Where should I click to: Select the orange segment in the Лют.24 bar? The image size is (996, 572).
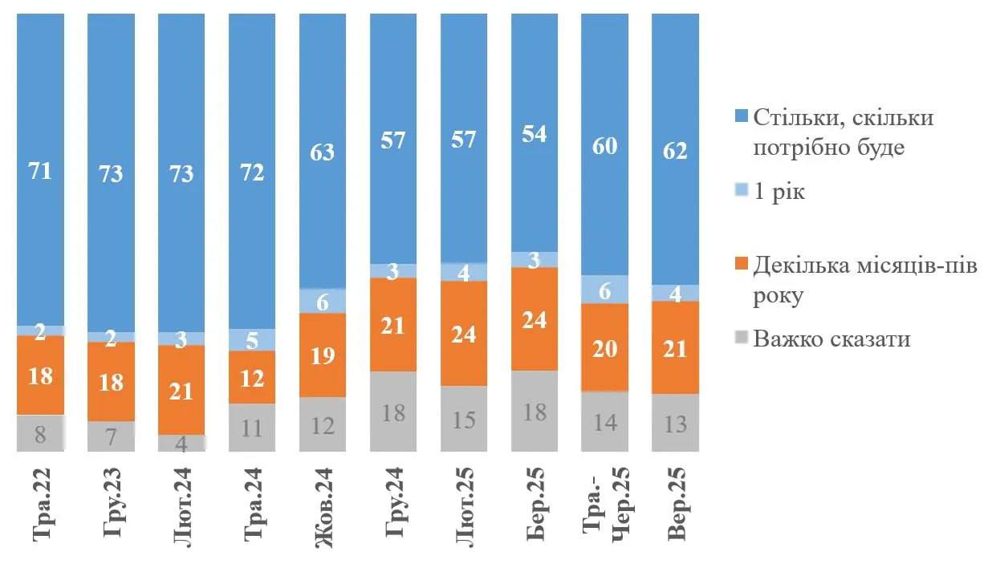(181, 390)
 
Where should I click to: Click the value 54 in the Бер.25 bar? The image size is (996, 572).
(535, 134)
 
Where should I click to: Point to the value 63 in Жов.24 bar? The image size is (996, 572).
(323, 151)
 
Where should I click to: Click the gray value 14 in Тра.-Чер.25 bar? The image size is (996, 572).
(605, 423)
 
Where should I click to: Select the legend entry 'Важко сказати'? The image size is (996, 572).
(831, 339)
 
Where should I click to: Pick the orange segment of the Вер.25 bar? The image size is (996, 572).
(676, 347)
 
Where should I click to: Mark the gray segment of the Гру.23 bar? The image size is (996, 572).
(111, 436)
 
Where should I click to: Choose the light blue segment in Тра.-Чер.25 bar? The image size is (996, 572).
(605, 290)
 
